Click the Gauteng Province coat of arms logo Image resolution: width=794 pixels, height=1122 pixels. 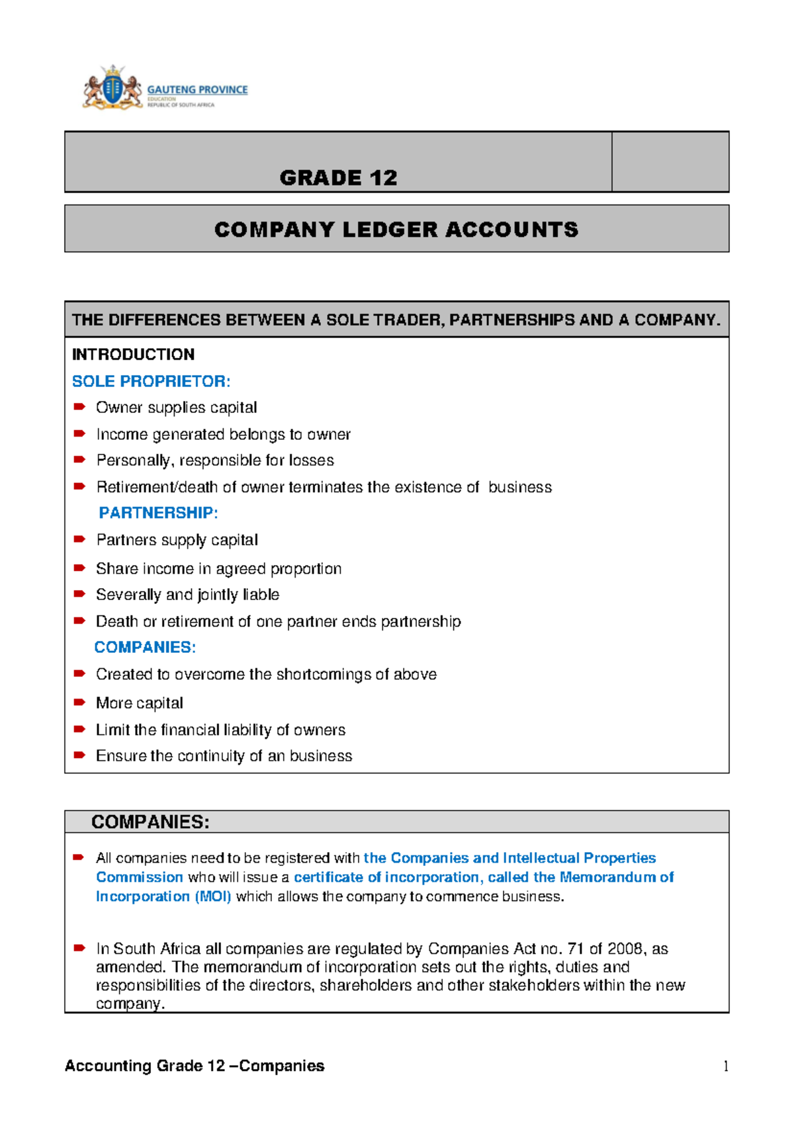[x=112, y=87]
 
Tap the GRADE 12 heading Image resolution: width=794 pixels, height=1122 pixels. [x=338, y=177]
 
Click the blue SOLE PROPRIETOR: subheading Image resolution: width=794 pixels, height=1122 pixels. [x=151, y=381]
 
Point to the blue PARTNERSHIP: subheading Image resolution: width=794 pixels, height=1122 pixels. [x=158, y=513]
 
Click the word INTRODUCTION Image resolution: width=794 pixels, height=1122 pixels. [x=133, y=355]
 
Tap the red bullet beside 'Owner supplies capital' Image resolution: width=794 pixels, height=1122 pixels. [x=79, y=407]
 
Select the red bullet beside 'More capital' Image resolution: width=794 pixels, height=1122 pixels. [x=79, y=702]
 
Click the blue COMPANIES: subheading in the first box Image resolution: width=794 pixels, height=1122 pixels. [x=145, y=647]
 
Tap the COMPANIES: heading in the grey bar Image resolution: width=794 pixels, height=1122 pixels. [x=150, y=822]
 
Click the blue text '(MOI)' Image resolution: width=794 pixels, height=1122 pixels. [x=212, y=896]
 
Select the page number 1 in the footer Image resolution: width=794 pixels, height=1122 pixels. [x=726, y=1066]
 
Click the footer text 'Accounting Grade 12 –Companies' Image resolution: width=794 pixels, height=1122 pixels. [x=195, y=1066]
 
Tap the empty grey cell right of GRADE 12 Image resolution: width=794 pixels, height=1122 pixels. [x=670, y=162]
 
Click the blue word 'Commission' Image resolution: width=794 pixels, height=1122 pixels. [x=139, y=877]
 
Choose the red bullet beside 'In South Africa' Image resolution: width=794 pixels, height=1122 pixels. [x=79, y=948]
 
